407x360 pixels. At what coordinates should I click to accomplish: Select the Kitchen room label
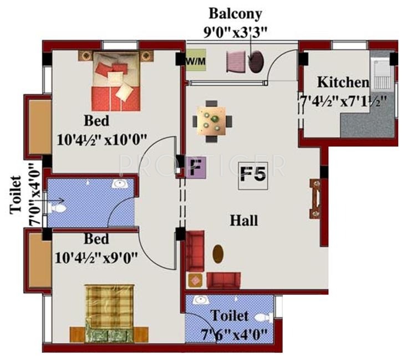343,83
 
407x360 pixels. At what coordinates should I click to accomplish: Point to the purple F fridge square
195,167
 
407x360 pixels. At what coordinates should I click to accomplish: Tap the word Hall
244,221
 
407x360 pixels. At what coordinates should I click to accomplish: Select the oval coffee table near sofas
218,254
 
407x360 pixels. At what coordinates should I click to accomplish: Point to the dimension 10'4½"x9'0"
97,257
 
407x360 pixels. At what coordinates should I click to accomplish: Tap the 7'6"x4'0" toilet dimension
234,334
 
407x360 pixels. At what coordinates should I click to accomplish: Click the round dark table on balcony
256,62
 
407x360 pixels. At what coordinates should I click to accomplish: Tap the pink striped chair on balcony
236,60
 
